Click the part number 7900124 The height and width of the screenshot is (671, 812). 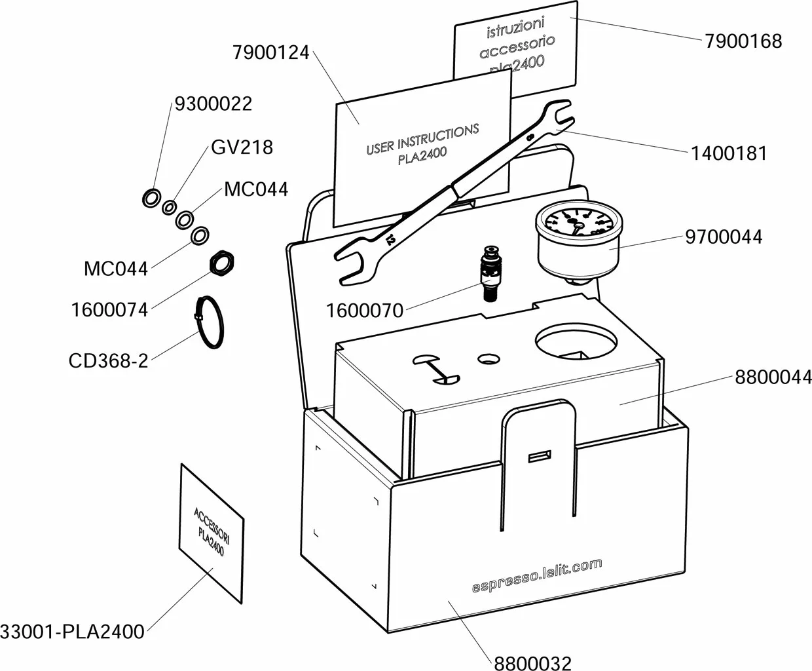tap(270, 52)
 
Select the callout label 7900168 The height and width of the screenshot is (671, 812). tap(743, 41)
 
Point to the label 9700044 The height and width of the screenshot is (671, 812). tap(724, 236)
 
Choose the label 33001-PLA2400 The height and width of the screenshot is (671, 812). tap(72, 632)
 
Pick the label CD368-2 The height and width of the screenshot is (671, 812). tap(108, 360)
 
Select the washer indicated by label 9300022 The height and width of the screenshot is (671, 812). tap(151, 197)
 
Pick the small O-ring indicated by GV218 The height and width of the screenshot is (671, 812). tap(169, 207)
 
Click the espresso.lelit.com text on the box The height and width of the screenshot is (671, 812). tap(536, 575)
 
